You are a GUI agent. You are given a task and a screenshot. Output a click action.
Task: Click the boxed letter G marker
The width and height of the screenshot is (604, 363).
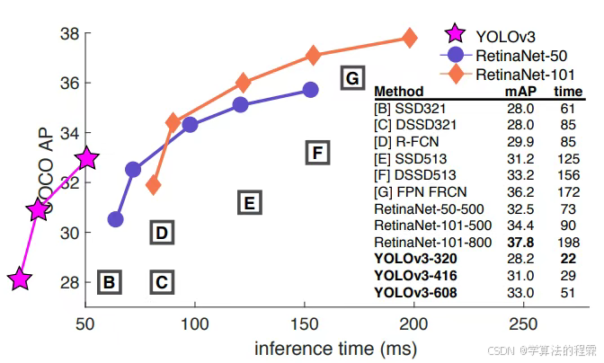point(351,77)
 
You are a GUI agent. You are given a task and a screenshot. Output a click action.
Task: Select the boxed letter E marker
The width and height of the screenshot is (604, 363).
point(250,203)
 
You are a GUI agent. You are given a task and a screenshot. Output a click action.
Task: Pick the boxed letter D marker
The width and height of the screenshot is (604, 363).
point(161,234)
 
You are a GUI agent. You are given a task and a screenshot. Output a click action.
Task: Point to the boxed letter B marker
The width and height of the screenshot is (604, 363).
point(109,283)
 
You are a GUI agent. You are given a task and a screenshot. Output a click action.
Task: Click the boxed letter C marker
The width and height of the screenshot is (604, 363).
point(161,283)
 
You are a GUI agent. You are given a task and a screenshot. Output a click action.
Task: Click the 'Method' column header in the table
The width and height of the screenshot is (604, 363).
point(398,91)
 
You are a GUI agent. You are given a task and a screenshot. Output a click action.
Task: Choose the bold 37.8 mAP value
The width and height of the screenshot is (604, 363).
point(520,242)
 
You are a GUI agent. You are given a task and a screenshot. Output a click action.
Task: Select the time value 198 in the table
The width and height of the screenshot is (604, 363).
point(568,242)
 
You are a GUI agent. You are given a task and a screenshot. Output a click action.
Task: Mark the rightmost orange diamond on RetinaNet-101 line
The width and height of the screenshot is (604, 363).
point(410,38)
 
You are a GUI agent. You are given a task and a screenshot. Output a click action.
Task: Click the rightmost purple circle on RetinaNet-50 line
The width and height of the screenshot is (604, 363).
point(310,89)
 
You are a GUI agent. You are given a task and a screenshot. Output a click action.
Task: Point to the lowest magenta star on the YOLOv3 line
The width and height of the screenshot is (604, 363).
point(20,279)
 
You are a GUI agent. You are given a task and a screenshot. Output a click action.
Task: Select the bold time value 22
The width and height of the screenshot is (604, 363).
point(568,258)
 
